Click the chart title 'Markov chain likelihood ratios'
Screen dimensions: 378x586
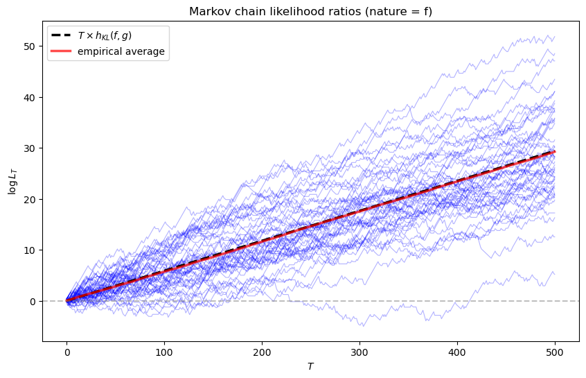[x=310, y=12]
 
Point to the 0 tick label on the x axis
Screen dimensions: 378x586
[x=66, y=352]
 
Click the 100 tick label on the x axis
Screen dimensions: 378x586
[x=164, y=352]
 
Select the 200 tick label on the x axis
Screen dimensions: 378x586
[x=262, y=352]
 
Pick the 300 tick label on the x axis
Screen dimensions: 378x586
[x=359, y=352]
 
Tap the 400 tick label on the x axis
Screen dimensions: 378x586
[x=457, y=352]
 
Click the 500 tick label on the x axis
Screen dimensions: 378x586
[x=555, y=352]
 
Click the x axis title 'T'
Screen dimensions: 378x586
[x=310, y=366]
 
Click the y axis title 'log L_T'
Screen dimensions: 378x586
[x=12, y=180]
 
